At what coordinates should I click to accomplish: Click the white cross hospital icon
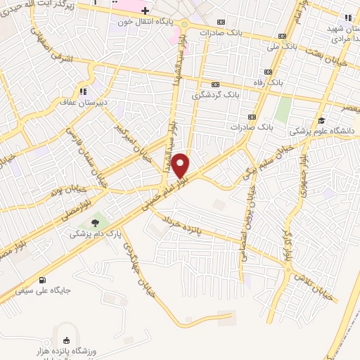coord(144,11)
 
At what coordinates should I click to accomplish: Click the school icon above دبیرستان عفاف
coord(84,91)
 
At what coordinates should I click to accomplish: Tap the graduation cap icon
coord(321,120)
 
